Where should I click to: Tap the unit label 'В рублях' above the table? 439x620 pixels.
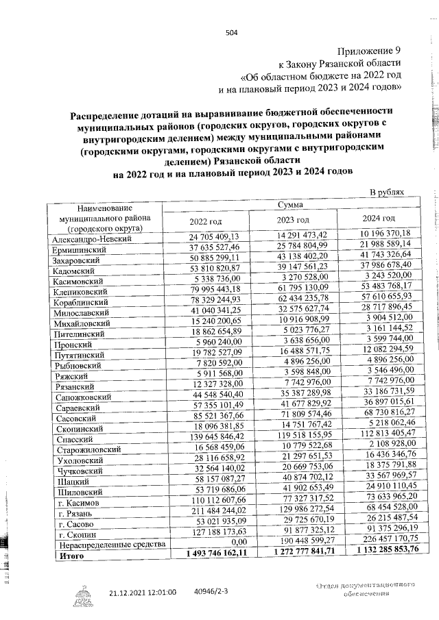click(388, 195)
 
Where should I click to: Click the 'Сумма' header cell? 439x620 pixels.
click(292, 205)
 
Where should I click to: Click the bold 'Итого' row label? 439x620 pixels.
click(68, 556)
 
